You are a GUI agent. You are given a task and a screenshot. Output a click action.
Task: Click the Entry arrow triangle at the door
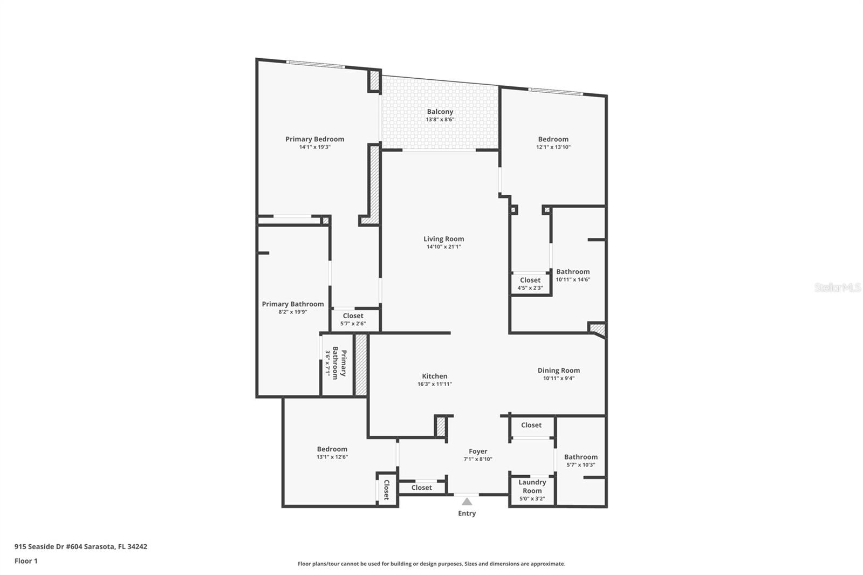(467, 502)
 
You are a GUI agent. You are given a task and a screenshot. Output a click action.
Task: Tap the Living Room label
(443, 239)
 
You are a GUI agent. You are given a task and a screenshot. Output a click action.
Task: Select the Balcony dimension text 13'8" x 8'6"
(440, 120)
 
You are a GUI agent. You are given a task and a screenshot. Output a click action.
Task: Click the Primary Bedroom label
(314, 139)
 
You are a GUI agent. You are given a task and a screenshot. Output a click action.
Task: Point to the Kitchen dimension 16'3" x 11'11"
(434, 385)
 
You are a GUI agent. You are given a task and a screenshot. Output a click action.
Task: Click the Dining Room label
(558, 371)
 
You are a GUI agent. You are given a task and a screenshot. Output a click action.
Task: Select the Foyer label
(478, 451)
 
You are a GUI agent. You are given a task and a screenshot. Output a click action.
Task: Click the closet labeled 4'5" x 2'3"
(530, 284)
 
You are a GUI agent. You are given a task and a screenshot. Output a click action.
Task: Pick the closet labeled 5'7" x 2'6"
(353, 319)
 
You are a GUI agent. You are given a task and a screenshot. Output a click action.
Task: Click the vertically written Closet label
(386, 490)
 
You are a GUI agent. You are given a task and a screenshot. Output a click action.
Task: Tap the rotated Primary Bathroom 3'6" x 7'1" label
(335, 363)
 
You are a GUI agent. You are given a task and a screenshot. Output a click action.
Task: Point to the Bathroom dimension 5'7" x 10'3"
(580, 465)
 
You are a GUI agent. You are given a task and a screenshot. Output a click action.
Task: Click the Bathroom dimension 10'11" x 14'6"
(573, 279)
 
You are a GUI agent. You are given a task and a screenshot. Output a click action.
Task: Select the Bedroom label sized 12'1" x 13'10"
(553, 139)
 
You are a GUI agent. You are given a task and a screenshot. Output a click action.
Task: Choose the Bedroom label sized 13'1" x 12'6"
(332, 449)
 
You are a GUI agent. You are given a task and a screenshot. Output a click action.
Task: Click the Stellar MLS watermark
(837, 288)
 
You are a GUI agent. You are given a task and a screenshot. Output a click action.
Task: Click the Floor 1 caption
(26, 561)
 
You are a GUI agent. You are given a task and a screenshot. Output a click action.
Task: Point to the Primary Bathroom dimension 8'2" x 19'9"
(293, 312)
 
